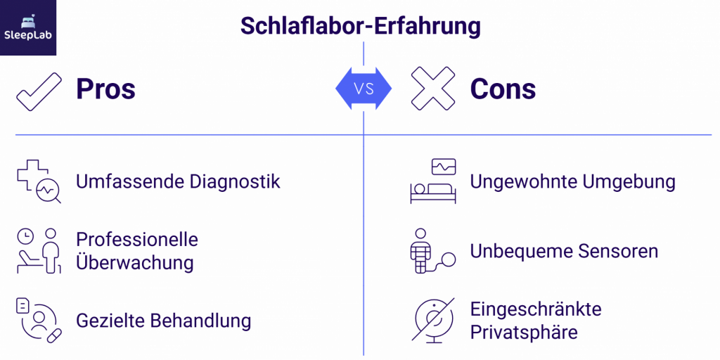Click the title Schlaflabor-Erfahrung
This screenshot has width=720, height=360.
[x=361, y=27]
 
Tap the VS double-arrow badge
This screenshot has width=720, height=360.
[x=363, y=89]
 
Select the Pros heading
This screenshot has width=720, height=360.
[x=105, y=89]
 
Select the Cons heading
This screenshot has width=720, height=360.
[x=503, y=89]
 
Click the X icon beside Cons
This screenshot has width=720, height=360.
[x=433, y=89]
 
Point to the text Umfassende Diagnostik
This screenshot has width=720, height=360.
[x=178, y=181]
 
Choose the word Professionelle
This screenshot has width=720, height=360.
[x=137, y=239]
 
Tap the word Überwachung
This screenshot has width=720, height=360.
[x=134, y=263]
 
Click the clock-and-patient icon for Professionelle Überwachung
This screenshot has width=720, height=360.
[x=39, y=250]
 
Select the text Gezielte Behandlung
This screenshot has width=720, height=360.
[x=163, y=321]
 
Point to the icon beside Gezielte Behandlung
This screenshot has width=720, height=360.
[x=39, y=321]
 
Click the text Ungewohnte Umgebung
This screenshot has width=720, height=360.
[x=573, y=181]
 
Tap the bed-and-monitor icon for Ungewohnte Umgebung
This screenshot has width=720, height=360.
[x=433, y=181]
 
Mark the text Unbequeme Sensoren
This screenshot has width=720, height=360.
[x=564, y=251]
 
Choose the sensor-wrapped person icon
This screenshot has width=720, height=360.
[x=430, y=251]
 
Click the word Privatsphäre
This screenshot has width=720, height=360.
[x=524, y=332]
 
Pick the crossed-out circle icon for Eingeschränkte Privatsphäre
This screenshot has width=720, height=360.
[x=433, y=321]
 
